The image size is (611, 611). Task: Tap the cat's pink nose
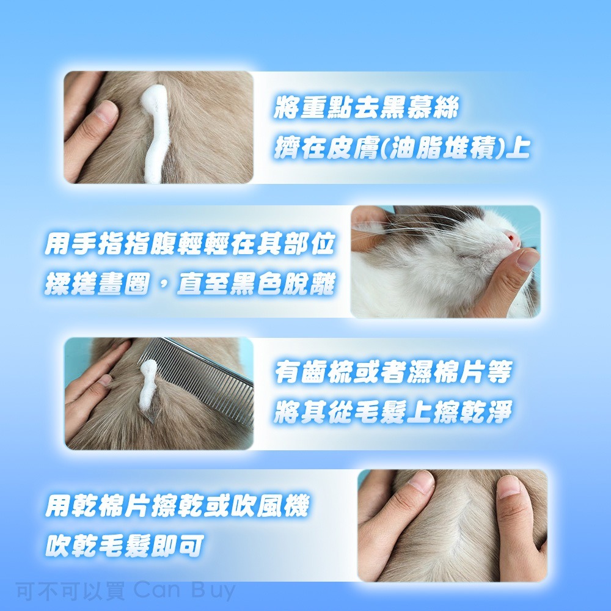pos(510,237)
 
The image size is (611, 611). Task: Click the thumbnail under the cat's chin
pos(527,259)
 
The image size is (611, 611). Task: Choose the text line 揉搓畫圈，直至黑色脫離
pos(189,284)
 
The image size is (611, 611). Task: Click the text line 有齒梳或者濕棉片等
pos(392,373)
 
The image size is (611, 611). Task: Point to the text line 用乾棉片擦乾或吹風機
pos(177,506)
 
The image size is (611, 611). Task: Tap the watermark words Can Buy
pos(183,591)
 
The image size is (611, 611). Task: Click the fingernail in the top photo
pos(108,111)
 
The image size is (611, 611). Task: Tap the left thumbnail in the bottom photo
pos(422,482)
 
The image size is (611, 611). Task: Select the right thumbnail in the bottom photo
pos(508,488)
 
